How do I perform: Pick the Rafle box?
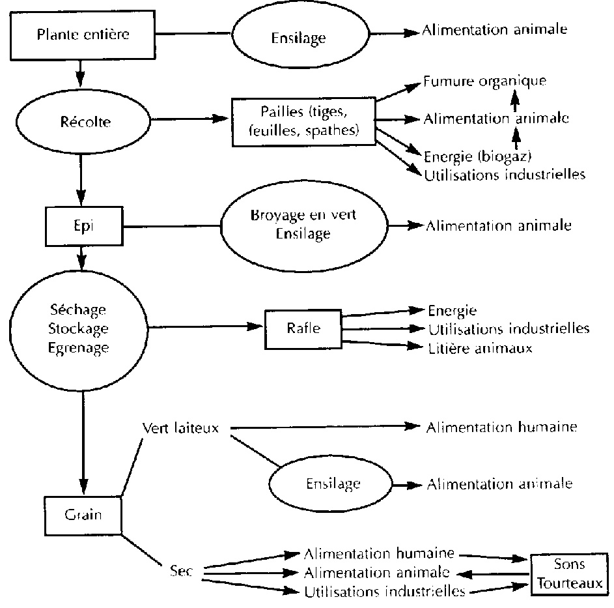pos(303,328)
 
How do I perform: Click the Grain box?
pos(83,514)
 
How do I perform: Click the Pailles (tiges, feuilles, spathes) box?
pos(303,121)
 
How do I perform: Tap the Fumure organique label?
pos(484,82)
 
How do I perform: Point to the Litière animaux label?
pos(480,349)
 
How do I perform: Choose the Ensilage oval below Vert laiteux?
pos(333,484)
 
